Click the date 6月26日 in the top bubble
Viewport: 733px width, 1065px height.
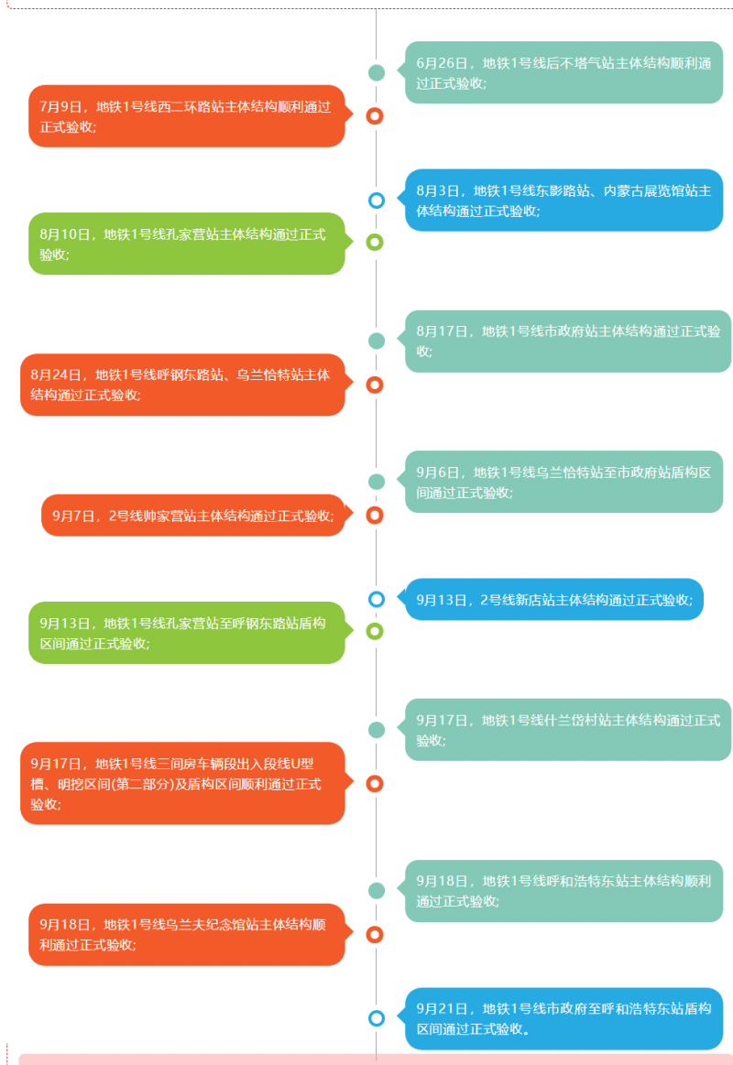point(442,63)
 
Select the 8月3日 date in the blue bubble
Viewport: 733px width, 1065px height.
point(437,190)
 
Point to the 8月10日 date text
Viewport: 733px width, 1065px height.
point(64,234)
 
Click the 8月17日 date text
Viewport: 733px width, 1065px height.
point(442,331)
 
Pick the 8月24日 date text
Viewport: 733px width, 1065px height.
point(55,375)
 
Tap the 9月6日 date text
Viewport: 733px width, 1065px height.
point(437,472)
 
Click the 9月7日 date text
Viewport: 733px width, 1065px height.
point(72,516)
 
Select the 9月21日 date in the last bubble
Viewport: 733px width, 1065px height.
point(442,1008)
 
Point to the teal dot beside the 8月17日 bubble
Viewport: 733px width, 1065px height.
point(377,341)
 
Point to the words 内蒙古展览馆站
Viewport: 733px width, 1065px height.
point(651,190)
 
